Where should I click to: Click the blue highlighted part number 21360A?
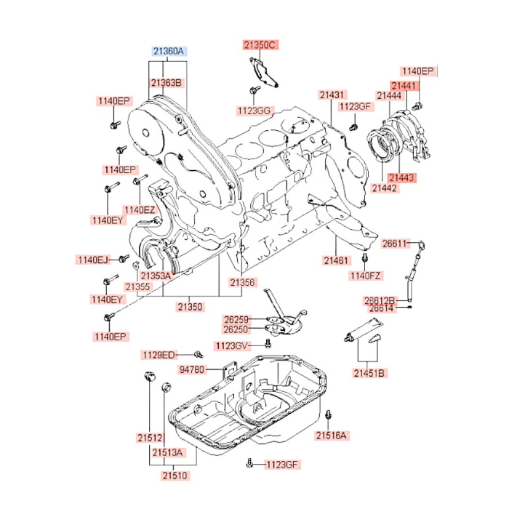[169, 52]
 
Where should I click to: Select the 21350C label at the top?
[260, 45]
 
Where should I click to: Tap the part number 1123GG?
[253, 110]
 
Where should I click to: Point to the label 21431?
[332, 95]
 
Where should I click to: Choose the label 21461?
[336, 260]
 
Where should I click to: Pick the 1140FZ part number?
[366, 276]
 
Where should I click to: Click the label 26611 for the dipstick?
[396, 243]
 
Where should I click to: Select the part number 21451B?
[370, 372]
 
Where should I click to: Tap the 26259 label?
[236, 319]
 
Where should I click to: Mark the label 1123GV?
[232, 345]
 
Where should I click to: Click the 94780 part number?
[192, 370]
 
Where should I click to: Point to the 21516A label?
[332, 436]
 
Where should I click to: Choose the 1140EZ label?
[140, 209]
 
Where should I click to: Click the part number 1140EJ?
[92, 259]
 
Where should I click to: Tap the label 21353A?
[156, 276]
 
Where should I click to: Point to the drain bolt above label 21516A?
[329, 414]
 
